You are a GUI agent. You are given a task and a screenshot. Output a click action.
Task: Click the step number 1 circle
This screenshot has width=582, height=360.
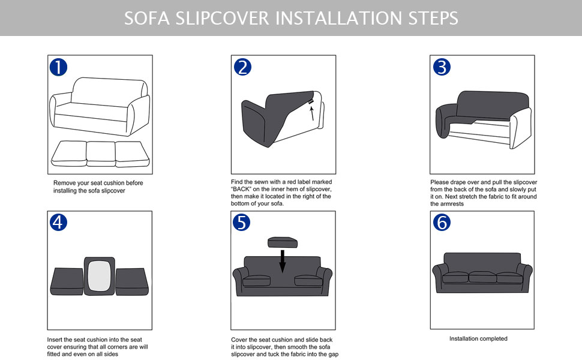pyautogui.click(x=58, y=67)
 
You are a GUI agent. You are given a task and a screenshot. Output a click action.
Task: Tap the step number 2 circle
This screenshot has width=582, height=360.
pyautogui.click(x=242, y=67)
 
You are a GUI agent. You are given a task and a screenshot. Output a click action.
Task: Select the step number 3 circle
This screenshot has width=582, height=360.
pyautogui.click(x=441, y=67)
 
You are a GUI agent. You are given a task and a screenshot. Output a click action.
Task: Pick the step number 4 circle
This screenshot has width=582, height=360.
pyautogui.click(x=58, y=223)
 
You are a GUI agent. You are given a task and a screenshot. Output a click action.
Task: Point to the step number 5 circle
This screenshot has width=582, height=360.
pyautogui.click(x=242, y=223)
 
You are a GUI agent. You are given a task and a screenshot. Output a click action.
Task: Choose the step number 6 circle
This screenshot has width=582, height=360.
pyautogui.click(x=441, y=223)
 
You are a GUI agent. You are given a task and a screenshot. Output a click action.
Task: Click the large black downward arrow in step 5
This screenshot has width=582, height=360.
pyautogui.click(x=283, y=260)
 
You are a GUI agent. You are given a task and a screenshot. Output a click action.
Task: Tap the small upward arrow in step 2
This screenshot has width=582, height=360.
pyautogui.click(x=312, y=113)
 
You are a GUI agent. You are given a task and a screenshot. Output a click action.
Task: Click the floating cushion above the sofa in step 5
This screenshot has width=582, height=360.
pyautogui.click(x=283, y=242)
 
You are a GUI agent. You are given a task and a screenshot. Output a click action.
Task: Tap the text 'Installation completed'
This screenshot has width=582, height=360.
pyautogui.click(x=478, y=339)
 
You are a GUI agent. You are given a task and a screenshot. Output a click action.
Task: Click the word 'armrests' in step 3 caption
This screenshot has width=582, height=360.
pyautogui.click(x=443, y=204)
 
